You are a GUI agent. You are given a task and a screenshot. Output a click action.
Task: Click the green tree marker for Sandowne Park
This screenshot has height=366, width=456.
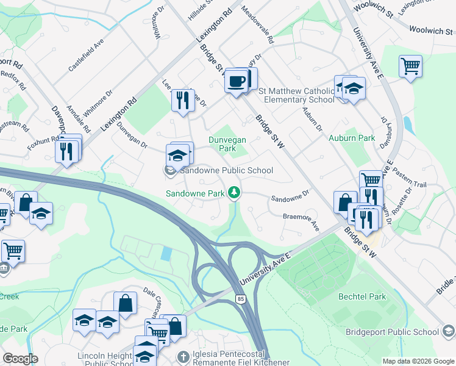tap(233, 193)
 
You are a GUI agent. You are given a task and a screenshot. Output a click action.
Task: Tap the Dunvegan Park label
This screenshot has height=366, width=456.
tap(227, 144)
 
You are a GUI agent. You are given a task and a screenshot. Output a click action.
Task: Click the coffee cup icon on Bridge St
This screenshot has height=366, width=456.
tap(237, 81)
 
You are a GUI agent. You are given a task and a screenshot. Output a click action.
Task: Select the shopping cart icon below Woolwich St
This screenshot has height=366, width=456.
tap(411, 65)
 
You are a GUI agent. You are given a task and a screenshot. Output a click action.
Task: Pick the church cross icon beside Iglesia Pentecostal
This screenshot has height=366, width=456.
tap(182, 356)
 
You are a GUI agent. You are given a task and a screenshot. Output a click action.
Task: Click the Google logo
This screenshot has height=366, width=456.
tap(20, 359)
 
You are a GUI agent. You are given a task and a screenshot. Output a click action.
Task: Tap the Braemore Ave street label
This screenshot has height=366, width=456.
tap(301, 220)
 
